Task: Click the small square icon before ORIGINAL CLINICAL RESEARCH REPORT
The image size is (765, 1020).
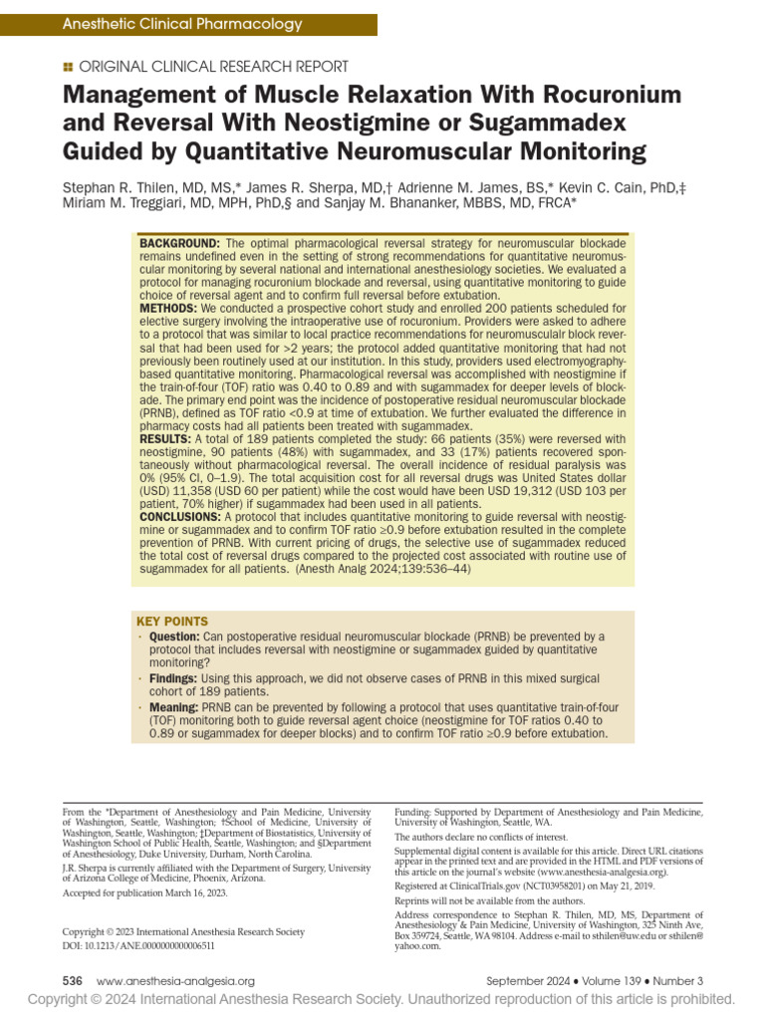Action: click(67, 67)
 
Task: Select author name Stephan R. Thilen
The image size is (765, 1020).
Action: click(127, 186)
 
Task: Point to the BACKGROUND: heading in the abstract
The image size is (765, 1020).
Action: click(179, 244)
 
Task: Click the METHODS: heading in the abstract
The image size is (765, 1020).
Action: click(168, 309)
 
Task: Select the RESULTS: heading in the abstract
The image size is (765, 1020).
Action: click(165, 438)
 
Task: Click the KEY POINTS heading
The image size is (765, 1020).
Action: click(174, 621)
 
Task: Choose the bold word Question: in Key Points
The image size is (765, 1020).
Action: click(174, 637)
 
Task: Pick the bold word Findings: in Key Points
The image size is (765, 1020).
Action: click(173, 678)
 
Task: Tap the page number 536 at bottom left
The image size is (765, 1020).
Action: click(73, 981)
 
